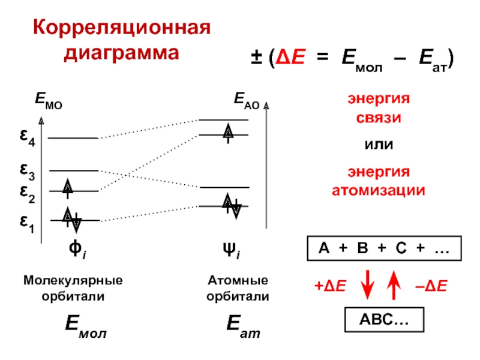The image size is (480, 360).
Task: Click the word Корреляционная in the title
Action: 122,29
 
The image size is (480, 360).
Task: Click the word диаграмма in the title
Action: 122,53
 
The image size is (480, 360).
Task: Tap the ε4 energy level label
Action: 27,140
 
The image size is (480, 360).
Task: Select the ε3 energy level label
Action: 27,173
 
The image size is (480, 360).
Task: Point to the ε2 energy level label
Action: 27,193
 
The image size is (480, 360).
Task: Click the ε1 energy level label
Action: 27,222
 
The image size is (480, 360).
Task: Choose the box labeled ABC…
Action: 383,320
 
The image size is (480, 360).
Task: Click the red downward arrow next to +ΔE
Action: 367,286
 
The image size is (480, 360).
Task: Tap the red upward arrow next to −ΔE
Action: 394,286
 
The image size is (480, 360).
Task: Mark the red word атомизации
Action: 379,191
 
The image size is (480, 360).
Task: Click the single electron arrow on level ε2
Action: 68,188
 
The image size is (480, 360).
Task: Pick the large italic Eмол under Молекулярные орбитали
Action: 86,328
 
